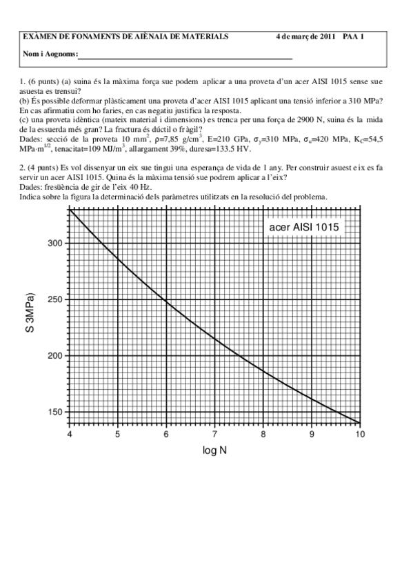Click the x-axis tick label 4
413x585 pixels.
(70, 434)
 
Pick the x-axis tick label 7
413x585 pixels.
(214, 434)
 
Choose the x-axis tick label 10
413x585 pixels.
(359, 434)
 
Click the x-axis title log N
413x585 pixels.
(214, 451)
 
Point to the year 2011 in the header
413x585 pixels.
(327, 36)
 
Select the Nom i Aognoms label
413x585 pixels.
(50, 54)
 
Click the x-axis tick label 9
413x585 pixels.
(311, 434)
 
